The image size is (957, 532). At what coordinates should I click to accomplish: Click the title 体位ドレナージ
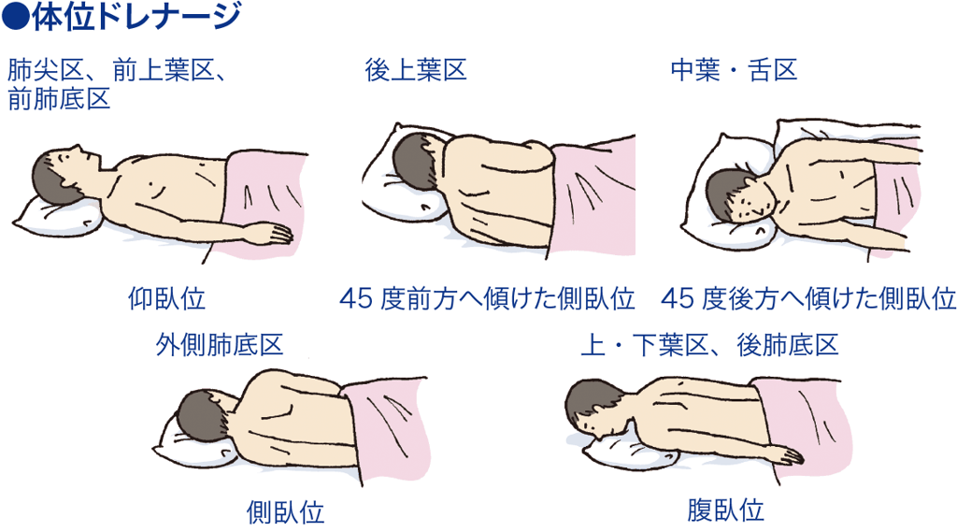coord(136,17)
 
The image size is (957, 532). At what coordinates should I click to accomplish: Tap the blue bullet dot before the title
coord(15,17)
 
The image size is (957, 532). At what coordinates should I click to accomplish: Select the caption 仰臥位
coord(166,298)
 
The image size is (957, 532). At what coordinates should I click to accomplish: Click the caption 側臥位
coord(285,511)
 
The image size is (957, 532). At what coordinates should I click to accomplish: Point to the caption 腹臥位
coord(725,510)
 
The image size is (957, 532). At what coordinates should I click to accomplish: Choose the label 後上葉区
coord(416,69)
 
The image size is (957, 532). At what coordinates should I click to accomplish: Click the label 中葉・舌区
coord(734,69)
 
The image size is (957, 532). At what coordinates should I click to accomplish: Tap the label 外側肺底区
coord(219,344)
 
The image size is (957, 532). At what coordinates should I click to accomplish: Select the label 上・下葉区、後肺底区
coord(709,344)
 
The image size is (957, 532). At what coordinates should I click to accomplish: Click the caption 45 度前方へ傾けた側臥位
coord(487,298)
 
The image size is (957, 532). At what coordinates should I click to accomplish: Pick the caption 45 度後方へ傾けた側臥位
coord(808,298)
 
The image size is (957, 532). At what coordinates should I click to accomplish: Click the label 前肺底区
coord(59,98)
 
